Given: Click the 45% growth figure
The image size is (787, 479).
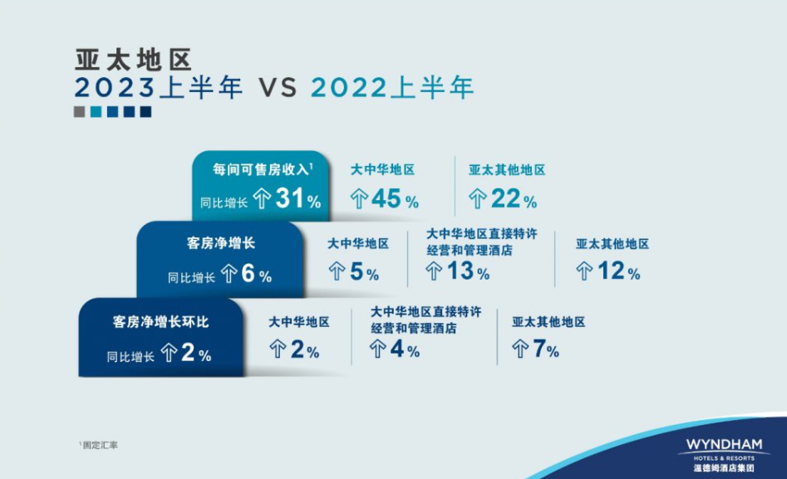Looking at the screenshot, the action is point(395,198).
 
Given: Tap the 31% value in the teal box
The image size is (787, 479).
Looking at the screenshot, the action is point(298,198).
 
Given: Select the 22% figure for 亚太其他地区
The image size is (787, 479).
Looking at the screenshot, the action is point(514,198).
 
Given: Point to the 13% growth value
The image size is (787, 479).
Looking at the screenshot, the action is point(468,271).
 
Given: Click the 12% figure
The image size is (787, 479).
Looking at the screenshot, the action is point(619,271).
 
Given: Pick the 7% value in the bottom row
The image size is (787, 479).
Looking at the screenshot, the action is point(545,349).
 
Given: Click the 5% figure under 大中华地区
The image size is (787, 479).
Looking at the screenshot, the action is point(364,271).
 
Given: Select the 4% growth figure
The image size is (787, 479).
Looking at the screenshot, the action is point(405,349).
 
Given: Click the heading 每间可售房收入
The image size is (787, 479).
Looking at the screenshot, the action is point(260,169).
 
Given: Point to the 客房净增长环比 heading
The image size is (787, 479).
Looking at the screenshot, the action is point(160,322).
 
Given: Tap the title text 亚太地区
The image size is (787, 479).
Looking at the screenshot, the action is point(134,60).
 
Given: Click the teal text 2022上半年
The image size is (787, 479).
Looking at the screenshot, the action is point(392,87).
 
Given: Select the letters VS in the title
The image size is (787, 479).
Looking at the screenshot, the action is point(278,88).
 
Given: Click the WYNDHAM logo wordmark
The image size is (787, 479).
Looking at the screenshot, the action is point(724,445).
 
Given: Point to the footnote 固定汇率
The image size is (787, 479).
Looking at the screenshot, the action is point(100,445).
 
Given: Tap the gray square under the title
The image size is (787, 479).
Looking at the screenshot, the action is point(79,111).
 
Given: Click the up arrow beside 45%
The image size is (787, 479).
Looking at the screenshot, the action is point(359,198).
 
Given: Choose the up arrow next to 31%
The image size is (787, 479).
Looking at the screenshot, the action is point(262,198).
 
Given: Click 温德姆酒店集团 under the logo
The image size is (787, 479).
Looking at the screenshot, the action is point(724,468).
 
